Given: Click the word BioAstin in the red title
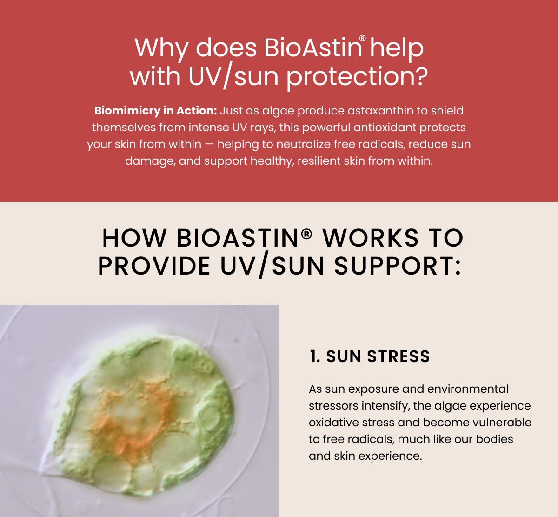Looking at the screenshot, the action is (x=313, y=47).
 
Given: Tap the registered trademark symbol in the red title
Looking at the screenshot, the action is (x=362, y=38).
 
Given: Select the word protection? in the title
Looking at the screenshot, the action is (x=357, y=76).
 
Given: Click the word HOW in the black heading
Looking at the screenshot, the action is (x=134, y=238).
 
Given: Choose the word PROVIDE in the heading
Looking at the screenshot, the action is (x=154, y=266).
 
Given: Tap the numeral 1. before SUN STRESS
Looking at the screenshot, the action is (x=315, y=356).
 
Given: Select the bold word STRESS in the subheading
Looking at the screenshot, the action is (x=399, y=356).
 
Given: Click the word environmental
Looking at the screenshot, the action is (x=468, y=389).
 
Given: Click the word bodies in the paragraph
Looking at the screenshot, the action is (x=494, y=439).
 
